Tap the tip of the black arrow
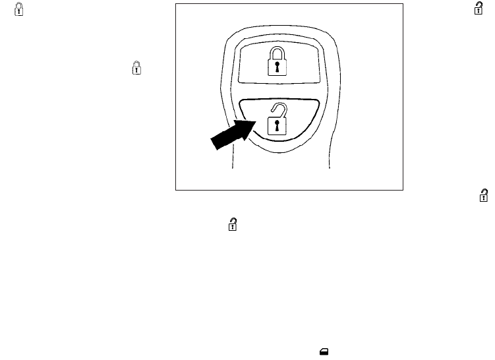[253, 121]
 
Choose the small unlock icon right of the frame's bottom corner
[484, 195]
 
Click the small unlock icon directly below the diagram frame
[232, 225]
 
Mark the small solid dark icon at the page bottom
[324, 353]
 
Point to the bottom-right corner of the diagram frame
[402, 191]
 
